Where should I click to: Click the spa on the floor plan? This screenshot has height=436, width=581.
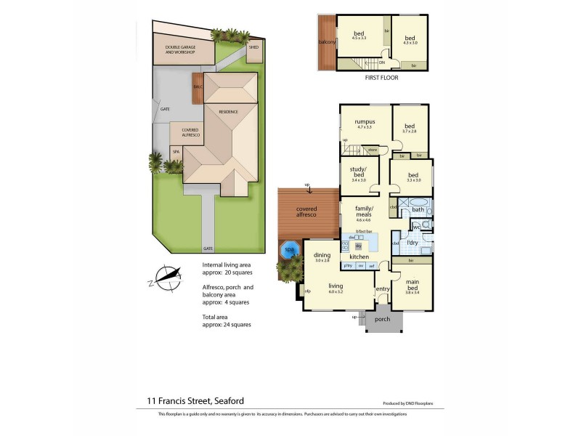pos(290,249)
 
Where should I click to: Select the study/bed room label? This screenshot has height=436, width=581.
pos(358,172)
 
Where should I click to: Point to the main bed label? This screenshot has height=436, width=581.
pos(411,284)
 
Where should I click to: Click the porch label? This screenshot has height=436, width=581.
pos(382,320)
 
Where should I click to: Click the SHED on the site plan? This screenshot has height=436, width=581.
pos(253,48)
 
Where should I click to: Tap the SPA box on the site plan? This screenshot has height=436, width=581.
pos(175,151)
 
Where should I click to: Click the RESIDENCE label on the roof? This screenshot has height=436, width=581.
pos(229,112)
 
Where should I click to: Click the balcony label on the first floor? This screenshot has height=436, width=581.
pos(327,42)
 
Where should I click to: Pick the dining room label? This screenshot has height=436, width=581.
pos(322,256)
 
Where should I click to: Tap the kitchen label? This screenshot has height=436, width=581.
pos(359,257)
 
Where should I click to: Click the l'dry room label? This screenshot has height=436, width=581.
pos(412,242)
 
